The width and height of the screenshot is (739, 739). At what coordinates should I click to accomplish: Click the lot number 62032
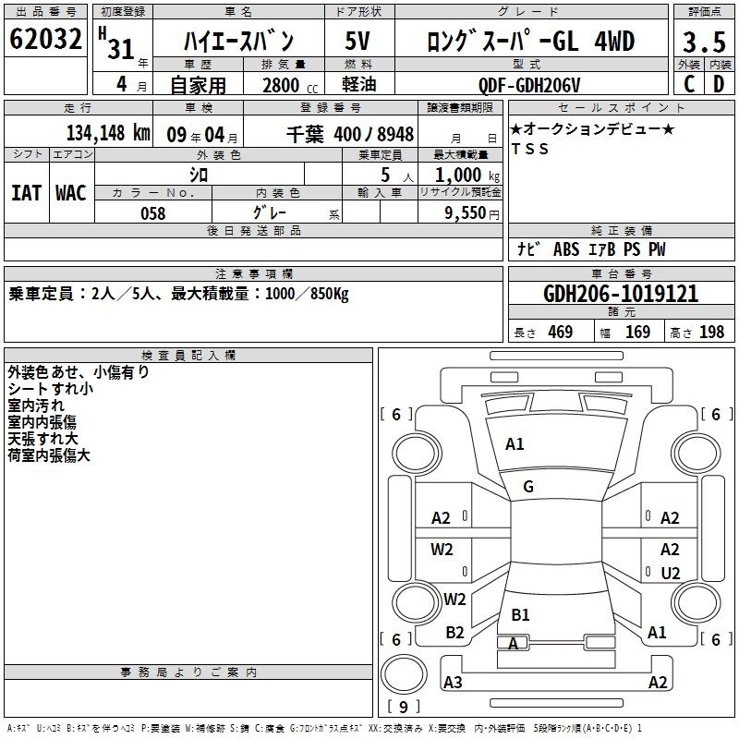(45, 39)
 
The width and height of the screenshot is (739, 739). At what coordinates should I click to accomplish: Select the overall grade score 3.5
(704, 42)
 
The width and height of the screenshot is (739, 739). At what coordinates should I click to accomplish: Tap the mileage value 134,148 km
(108, 133)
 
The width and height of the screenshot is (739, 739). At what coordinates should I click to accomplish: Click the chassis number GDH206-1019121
(621, 294)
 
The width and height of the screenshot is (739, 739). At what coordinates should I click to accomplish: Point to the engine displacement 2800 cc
(290, 85)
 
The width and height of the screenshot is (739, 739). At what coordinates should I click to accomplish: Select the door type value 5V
(357, 41)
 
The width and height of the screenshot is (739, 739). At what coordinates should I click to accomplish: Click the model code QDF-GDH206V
(529, 85)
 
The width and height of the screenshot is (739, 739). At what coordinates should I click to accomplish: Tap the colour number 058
(153, 213)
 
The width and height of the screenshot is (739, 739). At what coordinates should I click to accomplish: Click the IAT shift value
(26, 193)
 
